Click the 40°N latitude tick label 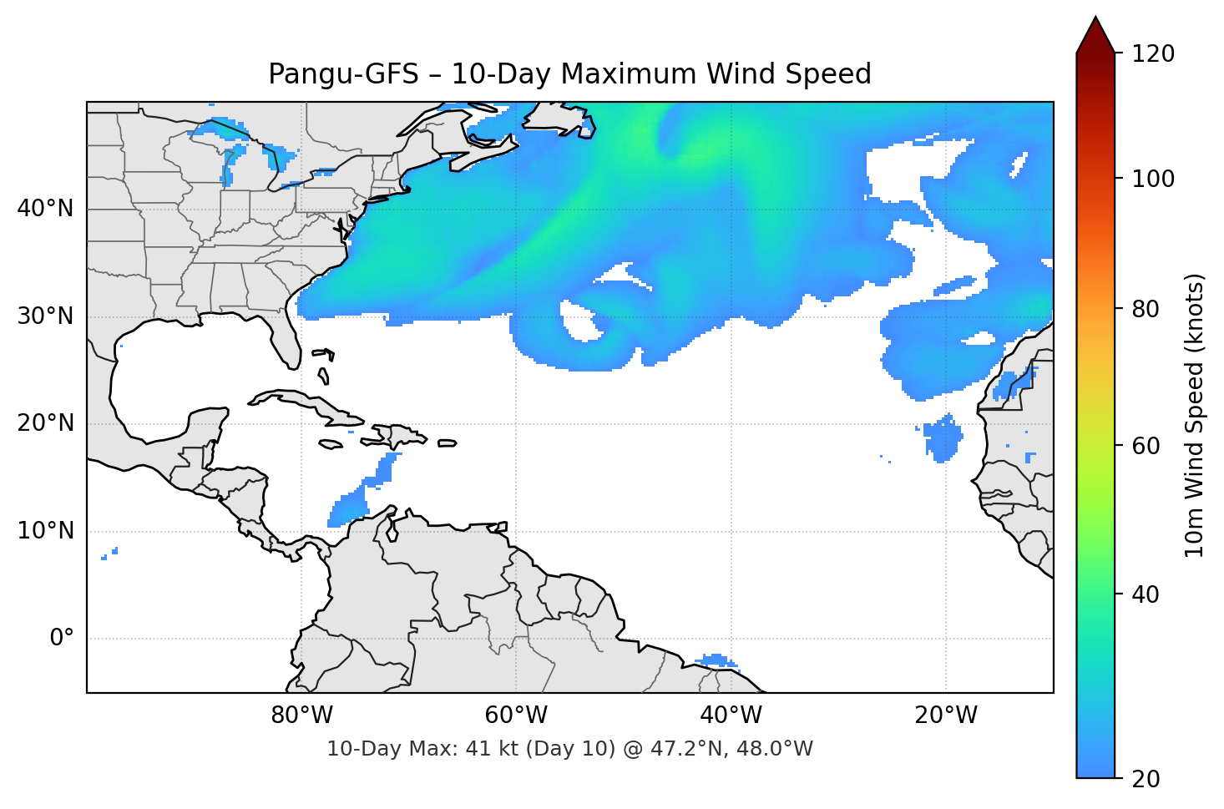click(45, 209)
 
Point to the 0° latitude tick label click(62, 639)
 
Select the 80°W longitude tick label click(301, 715)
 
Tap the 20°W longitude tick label click(946, 715)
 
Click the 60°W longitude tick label click(516, 715)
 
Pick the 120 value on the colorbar click(1153, 54)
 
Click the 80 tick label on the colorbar click(1145, 310)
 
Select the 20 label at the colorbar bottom click(1145, 779)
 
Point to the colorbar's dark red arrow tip click(1095, 20)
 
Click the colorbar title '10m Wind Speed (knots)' click(1195, 416)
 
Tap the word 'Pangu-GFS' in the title click(343, 74)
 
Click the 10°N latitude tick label click(45, 531)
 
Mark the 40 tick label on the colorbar click(1145, 595)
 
